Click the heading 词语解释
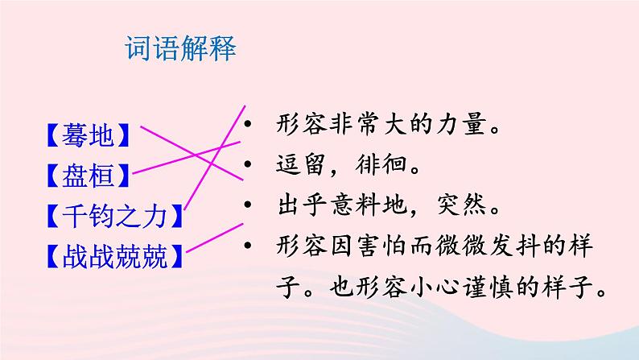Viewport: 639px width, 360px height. tap(181, 49)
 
